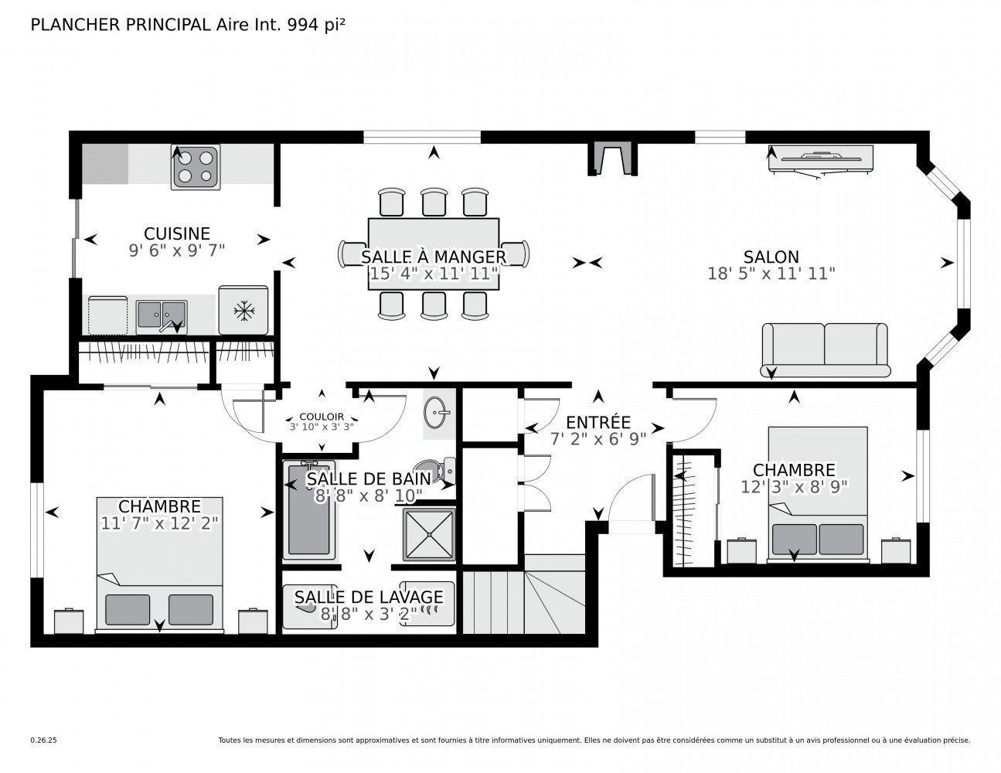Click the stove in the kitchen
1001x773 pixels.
195,167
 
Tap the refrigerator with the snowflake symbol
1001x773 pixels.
243,311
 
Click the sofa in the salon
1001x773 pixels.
825,345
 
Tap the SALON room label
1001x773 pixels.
771,257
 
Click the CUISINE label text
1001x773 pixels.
177,233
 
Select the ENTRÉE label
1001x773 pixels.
598,423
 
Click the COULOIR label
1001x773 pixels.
322,417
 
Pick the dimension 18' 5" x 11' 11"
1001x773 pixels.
771,273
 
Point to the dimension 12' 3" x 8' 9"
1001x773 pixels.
794,486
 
